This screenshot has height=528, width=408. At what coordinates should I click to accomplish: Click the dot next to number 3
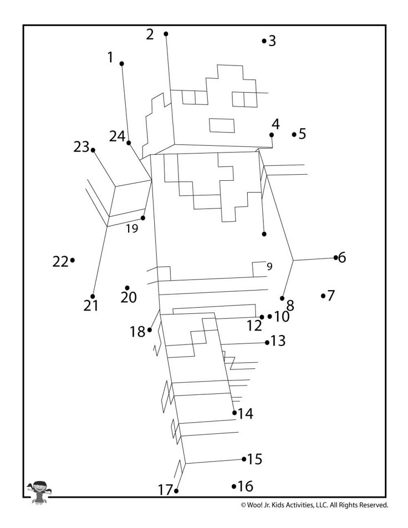point(264,40)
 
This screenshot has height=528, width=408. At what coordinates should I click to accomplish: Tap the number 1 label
point(110,57)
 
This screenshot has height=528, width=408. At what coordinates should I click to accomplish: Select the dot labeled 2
point(166,34)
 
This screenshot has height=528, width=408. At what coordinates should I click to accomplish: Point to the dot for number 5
point(294,134)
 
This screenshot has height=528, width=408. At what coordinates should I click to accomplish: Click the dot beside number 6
point(336,257)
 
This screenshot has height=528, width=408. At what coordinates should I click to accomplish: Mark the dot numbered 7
point(323,296)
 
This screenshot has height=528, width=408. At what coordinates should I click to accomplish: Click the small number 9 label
point(269,266)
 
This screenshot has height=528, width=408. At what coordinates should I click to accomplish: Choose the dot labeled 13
point(267,342)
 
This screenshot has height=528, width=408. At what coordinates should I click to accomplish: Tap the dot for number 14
point(234,412)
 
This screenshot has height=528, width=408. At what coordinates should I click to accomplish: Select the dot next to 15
point(244,459)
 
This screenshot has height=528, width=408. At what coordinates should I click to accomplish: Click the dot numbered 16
point(234,486)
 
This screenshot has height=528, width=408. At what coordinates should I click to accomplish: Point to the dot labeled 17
point(176,491)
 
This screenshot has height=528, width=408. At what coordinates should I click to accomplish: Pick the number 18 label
point(137,332)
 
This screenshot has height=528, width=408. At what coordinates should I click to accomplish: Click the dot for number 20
point(127,288)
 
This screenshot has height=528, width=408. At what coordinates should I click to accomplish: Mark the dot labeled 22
point(73,260)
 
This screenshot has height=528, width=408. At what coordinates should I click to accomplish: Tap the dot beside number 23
point(93,150)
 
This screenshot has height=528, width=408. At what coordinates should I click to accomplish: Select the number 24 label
point(117,136)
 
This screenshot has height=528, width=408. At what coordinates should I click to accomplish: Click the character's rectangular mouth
point(221,125)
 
